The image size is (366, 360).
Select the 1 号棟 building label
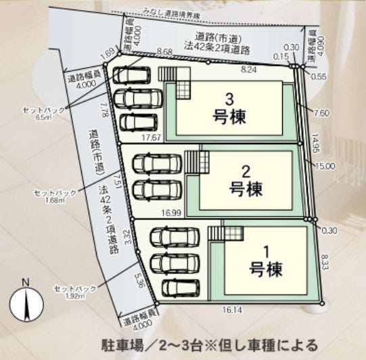(x=266, y=261)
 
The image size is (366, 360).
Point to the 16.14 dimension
(x=231, y=310)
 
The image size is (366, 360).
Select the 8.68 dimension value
(x=163, y=51)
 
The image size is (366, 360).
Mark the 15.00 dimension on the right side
(x=325, y=166)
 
